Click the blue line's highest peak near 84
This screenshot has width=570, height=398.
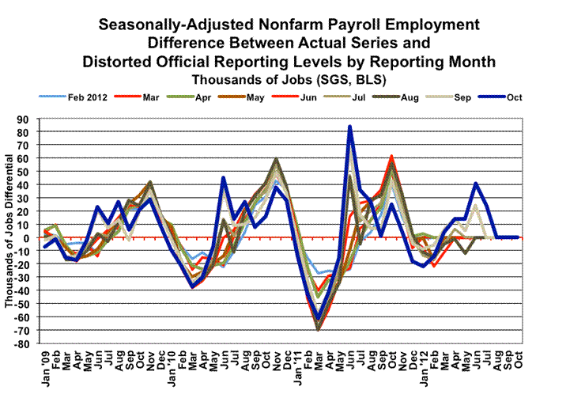coord(349,126)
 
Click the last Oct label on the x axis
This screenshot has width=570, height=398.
coord(519,360)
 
